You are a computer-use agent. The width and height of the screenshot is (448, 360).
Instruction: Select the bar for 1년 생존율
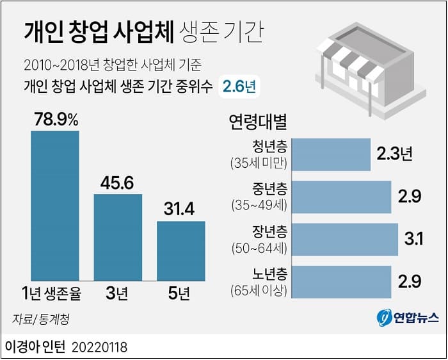(x=55, y=206)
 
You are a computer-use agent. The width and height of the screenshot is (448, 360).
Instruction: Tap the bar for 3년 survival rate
(x=118, y=237)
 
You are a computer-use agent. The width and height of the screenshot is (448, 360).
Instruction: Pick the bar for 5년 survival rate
(x=181, y=250)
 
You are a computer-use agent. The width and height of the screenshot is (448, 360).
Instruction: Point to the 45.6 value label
(x=117, y=183)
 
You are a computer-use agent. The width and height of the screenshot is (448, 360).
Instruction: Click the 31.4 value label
(x=180, y=209)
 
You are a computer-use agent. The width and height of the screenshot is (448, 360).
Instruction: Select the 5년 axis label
(x=180, y=295)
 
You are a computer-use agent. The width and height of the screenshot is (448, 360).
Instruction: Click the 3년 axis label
(x=118, y=295)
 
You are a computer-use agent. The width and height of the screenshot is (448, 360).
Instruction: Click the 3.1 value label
(x=413, y=240)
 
